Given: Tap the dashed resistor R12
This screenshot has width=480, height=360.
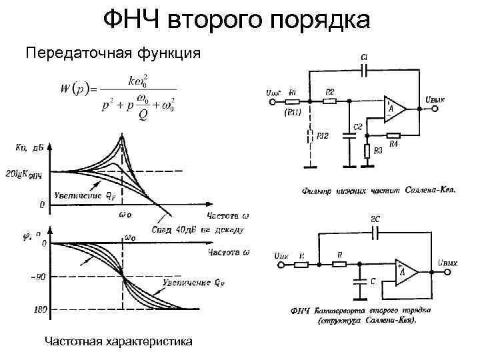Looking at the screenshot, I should (x=309, y=137).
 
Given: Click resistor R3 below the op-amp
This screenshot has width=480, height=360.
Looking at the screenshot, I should (x=367, y=151).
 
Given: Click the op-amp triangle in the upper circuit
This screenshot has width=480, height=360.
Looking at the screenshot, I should (x=393, y=108).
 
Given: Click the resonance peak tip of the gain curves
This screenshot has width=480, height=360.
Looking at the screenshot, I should (x=122, y=137).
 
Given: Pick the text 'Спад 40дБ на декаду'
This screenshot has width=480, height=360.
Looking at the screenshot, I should (x=197, y=230).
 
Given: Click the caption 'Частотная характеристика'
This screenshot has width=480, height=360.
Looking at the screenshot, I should (x=118, y=342).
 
